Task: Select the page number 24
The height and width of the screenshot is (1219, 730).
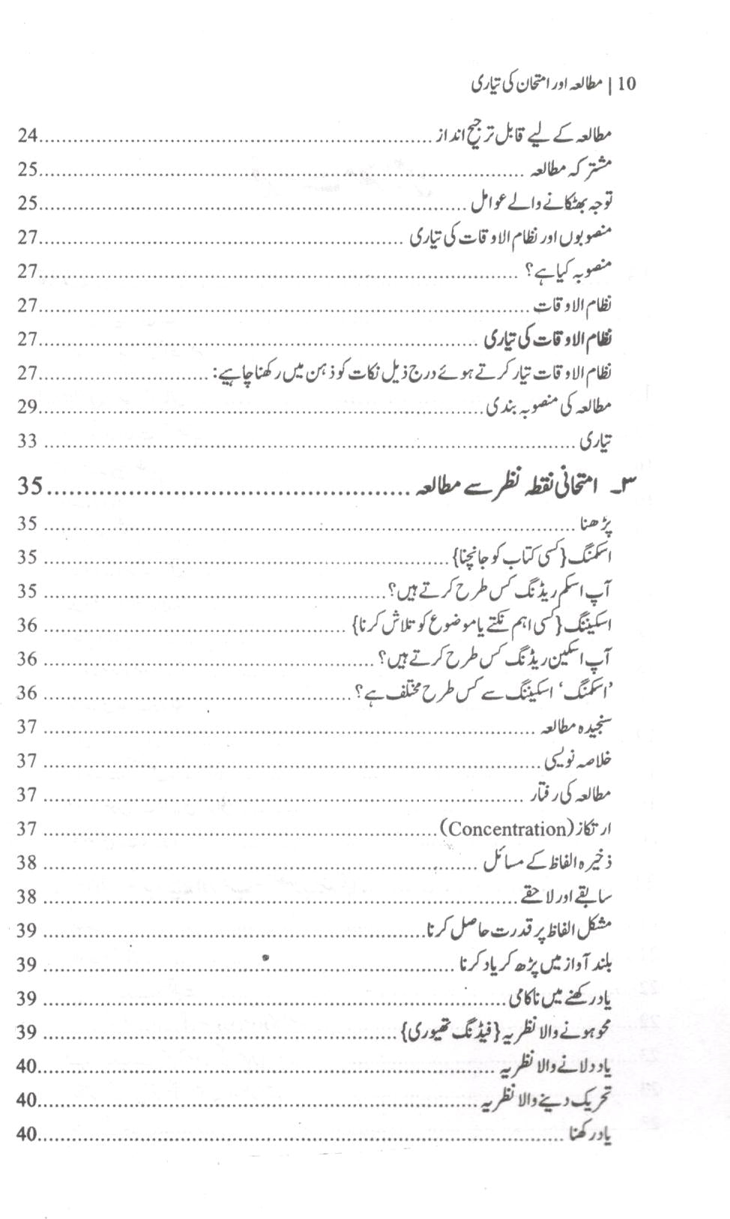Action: click(x=28, y=136)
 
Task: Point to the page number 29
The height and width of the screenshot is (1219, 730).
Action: click(x=28, y=406)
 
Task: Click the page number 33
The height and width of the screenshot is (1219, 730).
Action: click(x=28, y=441)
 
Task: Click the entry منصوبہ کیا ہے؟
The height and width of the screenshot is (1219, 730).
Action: click(x=567, y=271)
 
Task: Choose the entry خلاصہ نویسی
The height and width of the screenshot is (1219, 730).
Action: click(x=579, y=760)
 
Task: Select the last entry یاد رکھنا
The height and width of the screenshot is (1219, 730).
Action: click(x=589, y=1135)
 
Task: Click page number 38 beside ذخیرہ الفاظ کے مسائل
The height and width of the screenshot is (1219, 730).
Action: click(x=28, y=862)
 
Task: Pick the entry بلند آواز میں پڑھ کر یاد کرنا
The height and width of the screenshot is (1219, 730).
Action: click(x=537, y=964)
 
